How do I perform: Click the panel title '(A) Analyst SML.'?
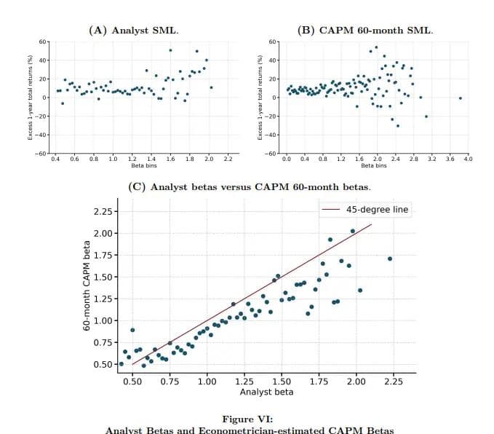[x=133, y=31]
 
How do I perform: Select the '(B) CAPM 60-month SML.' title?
[x=365, y=31]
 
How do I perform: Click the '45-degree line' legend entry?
[x=377, y=210]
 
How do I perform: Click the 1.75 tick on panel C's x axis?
[x=319, y=382]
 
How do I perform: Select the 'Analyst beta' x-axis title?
[x=266, y=392]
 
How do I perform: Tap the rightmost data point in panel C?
[x=390, y=259]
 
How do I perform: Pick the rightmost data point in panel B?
[x=461, y=98]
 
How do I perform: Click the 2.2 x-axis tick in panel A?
[x=228, y=158]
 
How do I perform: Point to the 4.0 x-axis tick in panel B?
[x=467, y=158]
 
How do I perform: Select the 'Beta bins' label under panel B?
[x=375, y=165]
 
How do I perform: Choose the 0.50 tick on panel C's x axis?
[x=132, y=382]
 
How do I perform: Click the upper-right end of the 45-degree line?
[x=372, y=224]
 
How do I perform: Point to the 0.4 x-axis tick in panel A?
[x=56, y=158]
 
